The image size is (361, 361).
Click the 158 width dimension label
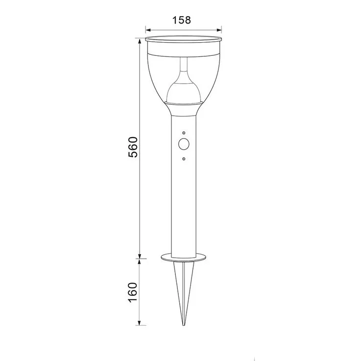182,20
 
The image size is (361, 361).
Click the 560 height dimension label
133,147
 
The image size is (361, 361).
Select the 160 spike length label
133,292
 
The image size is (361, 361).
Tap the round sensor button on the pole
184,144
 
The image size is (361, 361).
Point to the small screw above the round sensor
184,133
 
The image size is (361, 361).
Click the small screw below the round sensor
184,159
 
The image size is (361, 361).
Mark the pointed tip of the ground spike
184,325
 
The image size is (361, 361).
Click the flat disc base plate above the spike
184,258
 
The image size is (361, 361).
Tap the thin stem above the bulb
184,64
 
